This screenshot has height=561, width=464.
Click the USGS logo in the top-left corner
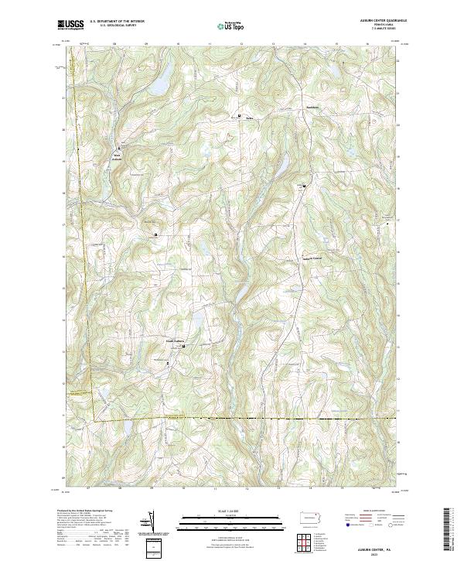tap(70, 25)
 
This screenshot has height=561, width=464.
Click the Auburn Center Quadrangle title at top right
tap(371, 21)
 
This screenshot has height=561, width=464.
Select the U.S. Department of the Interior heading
tap(117, 22)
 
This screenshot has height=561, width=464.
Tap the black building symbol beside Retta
tap(239, 116)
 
